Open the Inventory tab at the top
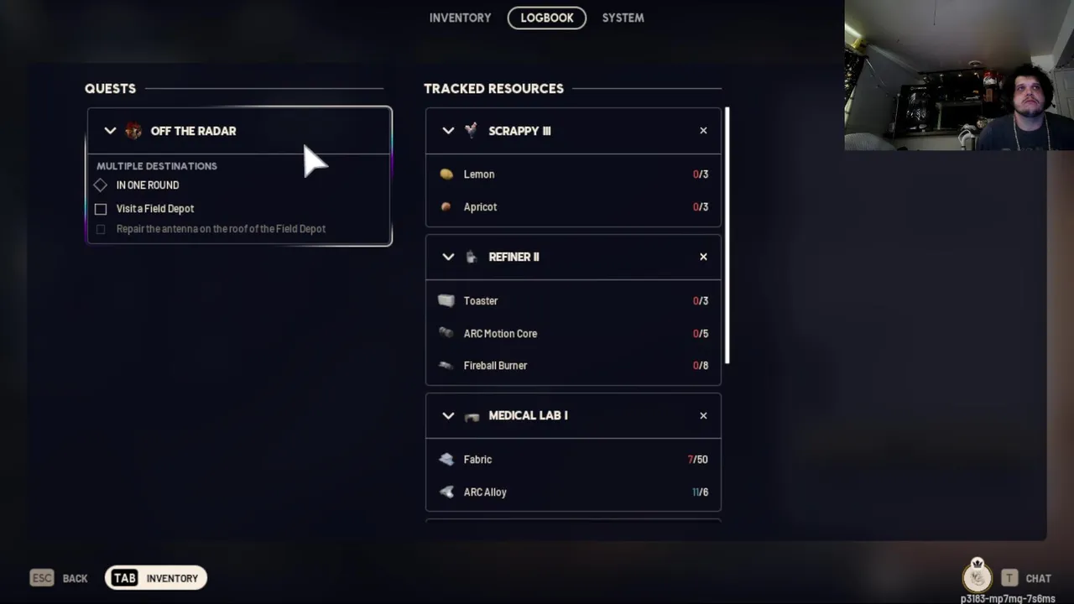click(x=460, y=18)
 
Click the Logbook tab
click(x=546, y=18)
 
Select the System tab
click(x=623, y=18)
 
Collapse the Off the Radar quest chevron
click(x=110, y=131)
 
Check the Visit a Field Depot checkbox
click(x=101, y=209)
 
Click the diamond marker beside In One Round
click(x=100, y=185)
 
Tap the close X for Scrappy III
click(x=703, y=130)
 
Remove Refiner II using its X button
click(x=703, y=257)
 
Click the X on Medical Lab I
click(x=703, y=415)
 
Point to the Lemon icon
click(x=446, y=174)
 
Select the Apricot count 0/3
click(x=701, y=207)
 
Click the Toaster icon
click(x=446, y=300)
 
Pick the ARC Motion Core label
click(x=500, y=334)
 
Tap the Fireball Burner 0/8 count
click(x=701, y=366)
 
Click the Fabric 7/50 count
click(x=697, y=460)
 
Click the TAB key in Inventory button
click(x=125, y=578)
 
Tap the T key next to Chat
click(x=1009, y=578)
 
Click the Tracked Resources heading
click(x=494, y=89)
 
